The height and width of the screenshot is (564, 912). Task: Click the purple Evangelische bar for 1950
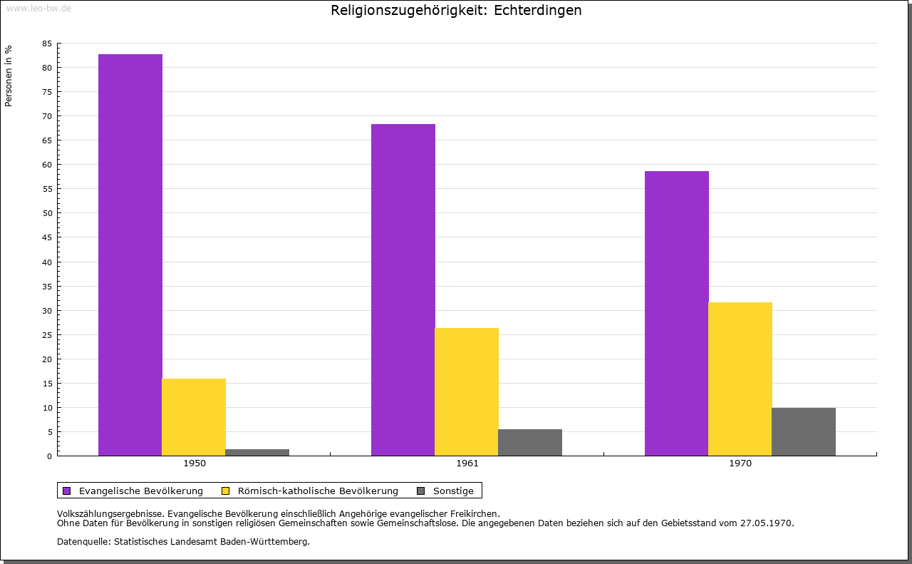(x=130, y=255)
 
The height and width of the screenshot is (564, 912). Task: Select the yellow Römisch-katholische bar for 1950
(x=194, y=417)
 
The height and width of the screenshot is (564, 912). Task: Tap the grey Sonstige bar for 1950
(x=257, y=452)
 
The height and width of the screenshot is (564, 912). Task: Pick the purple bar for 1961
(x=403, y=289)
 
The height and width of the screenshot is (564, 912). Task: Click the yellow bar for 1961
(x=467, y=391)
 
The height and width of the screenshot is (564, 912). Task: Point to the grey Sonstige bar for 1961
(x=530, y=442)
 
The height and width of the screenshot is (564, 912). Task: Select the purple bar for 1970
(x=677, y=313)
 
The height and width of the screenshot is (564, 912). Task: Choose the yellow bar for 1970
(x=740, y=379)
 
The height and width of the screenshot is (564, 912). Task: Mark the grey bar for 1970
(x=804, y=431)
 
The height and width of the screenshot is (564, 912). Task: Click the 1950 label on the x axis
(x=195, y=463)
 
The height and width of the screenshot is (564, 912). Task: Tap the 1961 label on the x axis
(x=467, y=463)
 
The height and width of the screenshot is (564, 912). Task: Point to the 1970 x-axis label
(x=740, y=463)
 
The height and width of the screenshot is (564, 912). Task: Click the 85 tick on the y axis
(x=47, y=43)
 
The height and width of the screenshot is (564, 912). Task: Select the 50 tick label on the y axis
(x=47, y=213)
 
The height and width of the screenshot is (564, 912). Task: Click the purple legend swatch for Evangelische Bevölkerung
(x=67, y=491)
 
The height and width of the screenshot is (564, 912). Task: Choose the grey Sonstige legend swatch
(x=420, y=491)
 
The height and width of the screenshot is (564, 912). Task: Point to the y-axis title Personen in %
(x=9, y=76)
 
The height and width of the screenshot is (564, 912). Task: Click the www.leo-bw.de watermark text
(x=38, y=7)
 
